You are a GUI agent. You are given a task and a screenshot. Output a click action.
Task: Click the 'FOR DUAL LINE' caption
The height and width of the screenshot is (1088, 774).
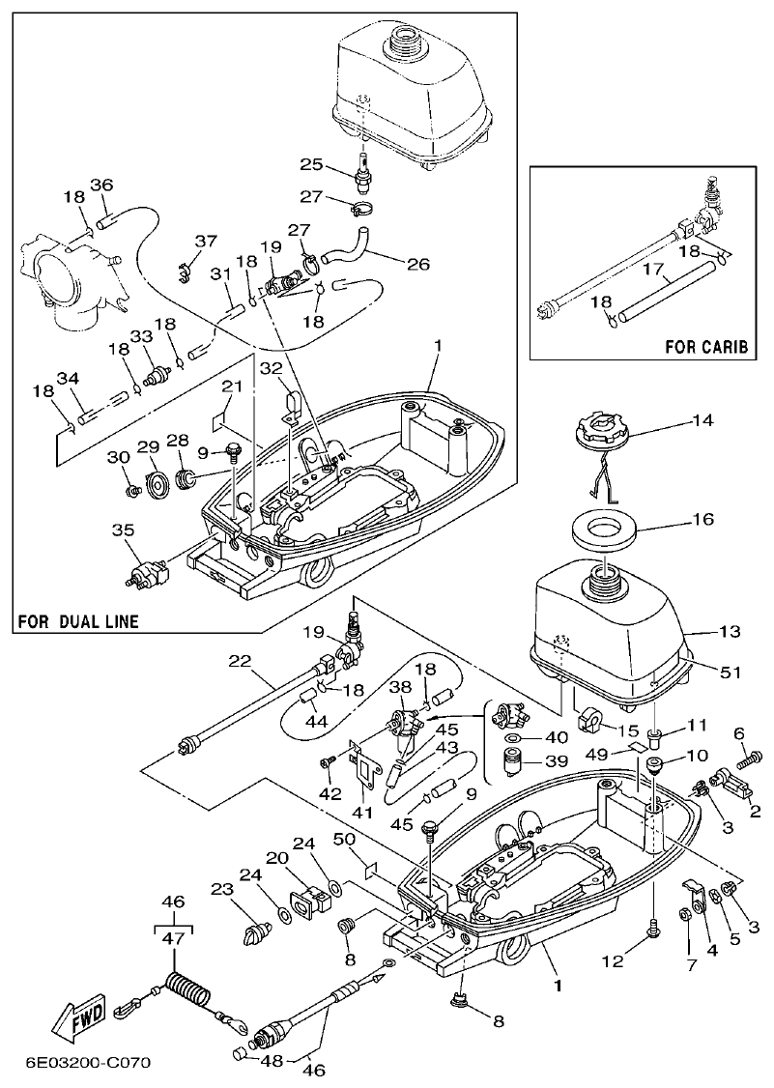click(77, 621)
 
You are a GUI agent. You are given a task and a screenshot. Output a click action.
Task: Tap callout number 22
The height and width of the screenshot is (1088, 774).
click(239, 661)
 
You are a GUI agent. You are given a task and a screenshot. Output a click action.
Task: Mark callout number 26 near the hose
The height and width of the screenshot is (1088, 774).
click(419, 264)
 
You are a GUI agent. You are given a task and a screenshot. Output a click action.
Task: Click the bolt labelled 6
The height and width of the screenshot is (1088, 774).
click(753, 760)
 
